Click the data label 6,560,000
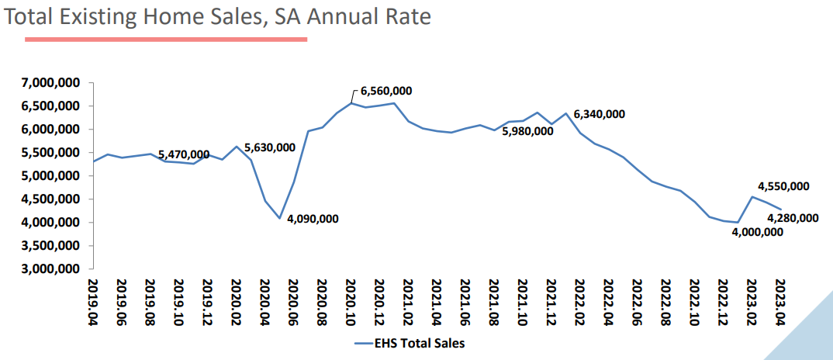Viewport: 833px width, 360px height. coord(386,91)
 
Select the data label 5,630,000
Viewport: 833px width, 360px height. coord(270,147)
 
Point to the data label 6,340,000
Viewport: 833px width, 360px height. coord(599,114)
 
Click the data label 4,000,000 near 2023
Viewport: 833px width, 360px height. coord(757,231)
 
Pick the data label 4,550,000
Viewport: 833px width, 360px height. coord(783,186)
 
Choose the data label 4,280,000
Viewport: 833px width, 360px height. coord(793,218)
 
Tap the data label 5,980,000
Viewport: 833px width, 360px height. coord(527,131)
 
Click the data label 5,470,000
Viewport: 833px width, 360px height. coord(184,155)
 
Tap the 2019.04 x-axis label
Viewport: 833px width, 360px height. coord(94,306)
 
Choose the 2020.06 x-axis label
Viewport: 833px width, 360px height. coord(294,306)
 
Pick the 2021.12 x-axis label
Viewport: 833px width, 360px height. coord(551,306)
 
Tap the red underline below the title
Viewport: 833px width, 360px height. coord(166,38)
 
